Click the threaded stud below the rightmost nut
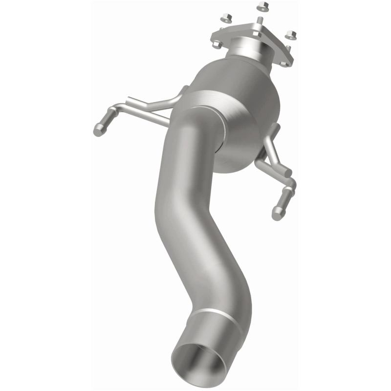click(288, 48)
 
